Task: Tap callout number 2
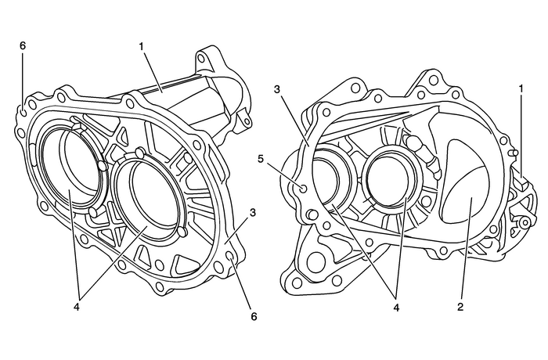click(460, 307)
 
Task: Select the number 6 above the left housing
click(23, 46)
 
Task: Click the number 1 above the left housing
click(142, 46)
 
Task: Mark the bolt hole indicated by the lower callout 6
click(230, 254)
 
